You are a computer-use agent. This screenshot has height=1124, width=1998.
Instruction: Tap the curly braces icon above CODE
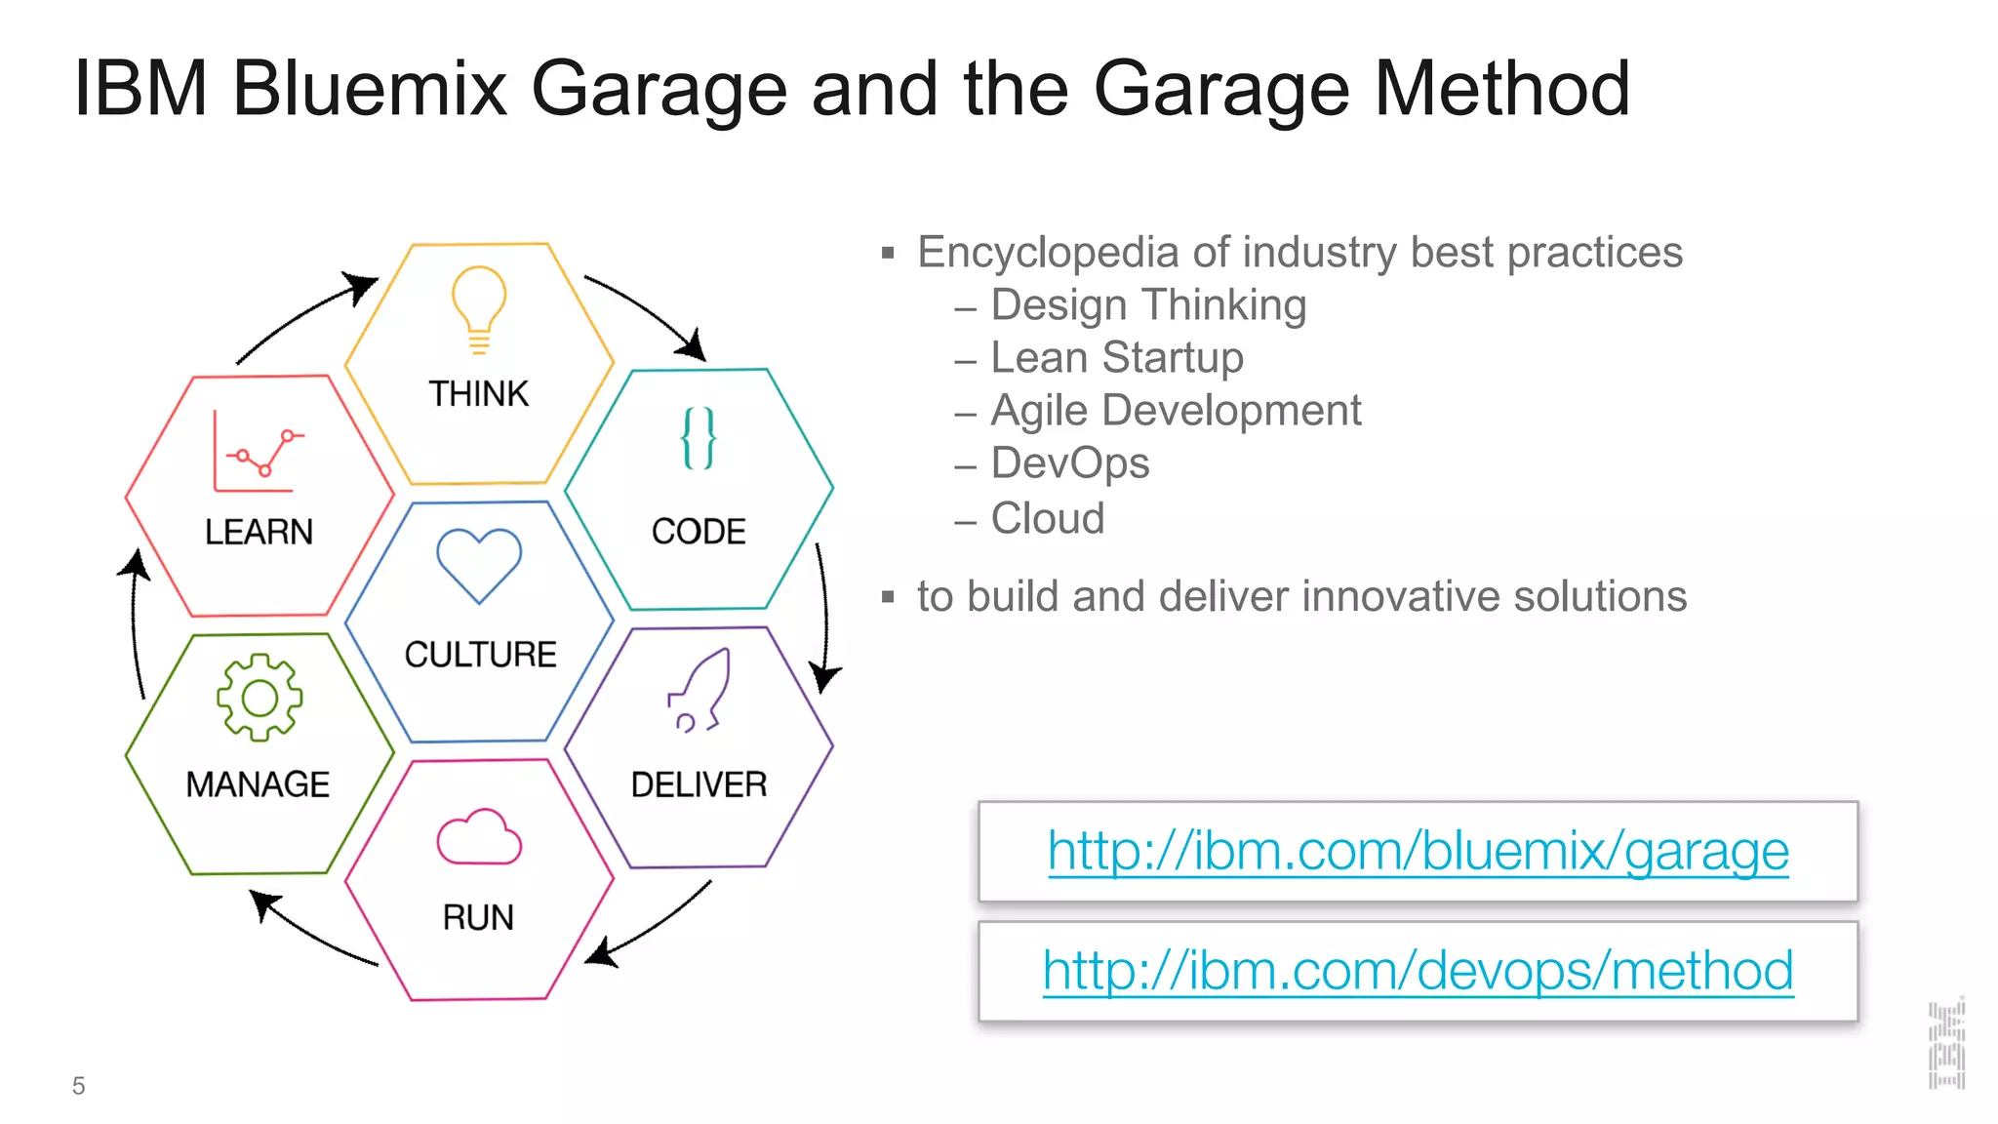coord(699,438)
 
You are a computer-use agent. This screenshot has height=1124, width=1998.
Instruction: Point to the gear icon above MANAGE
coord(260,698)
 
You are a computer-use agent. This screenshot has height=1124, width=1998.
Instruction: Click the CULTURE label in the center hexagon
coord(480,654)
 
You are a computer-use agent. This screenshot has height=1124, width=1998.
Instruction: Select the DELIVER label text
coord(699,784)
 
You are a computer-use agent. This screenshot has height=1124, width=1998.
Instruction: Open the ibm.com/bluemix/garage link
coord(1418,851)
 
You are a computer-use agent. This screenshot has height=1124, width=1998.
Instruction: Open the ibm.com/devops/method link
coord(1418,971)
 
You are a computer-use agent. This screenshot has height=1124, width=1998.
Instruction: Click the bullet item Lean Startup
coord(1117,357)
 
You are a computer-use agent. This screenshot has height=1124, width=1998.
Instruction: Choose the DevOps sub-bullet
coord(1070,462)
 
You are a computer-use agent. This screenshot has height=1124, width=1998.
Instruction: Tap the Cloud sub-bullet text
coord(1048,518)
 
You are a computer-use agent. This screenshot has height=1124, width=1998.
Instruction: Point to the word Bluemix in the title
coord(370,89)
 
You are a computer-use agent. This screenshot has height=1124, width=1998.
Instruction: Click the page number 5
coord(79,1086)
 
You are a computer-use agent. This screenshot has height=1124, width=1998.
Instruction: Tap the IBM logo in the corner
coord(1946,1043)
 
